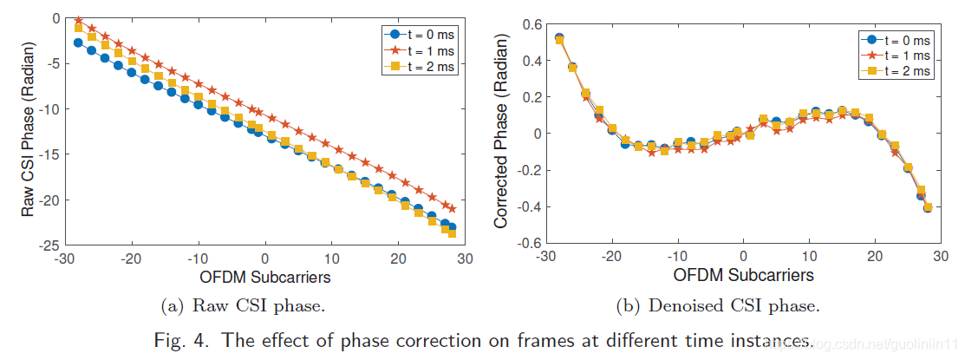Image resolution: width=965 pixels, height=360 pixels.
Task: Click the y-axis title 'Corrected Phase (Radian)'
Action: tap(501, 131)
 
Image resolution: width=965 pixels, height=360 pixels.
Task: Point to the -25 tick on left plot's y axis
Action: tap(44, 245)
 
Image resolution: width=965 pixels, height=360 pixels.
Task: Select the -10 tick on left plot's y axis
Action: tap(44, 108)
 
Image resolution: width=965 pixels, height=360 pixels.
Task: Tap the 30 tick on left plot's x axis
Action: tap(465, 259)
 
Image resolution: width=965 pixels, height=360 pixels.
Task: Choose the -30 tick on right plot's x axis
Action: tap(546, 259)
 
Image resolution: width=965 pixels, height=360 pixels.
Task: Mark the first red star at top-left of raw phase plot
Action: tap(78, 19)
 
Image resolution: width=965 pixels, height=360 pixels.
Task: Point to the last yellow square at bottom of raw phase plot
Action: tap(452, 233)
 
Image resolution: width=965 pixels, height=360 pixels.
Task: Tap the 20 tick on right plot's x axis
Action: tap(875, 259)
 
